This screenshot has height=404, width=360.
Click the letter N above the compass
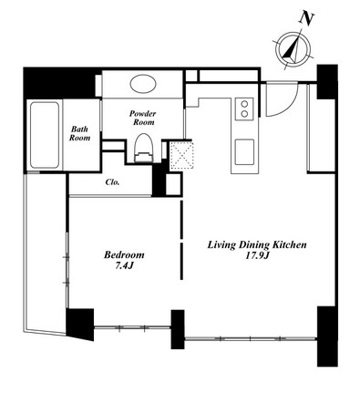pyautogui.click(x=306, y=19)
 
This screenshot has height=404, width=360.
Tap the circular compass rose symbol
pyautogui.click(x=293, y=49)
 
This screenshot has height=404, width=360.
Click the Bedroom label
pyautogui.click(x=124, y=254)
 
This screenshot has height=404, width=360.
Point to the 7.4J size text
pyautogui.click(x=124, y=265)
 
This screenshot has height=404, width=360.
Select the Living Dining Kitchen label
pyautogui.click(x=257, y=245)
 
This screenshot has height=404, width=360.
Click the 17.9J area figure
pyautogui.click(x=257, y=256)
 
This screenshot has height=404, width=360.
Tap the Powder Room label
pyautogui.click(x=142, y=118)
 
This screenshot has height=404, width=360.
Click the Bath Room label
pyautogui.click(x=79, y=133)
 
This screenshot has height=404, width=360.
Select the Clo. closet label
pyautogui.click(x=112, y=182)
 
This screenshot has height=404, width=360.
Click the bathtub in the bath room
pyautogui.click(x=45, y=135)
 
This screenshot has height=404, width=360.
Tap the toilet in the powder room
pyautogui.click(x=143, y=148)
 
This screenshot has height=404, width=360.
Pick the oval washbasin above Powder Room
pyautogui.click(x=143, y=84)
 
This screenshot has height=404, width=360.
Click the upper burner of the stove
pyautogui.click(x=244, y=104)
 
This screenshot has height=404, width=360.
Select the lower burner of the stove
pyautogui.click(x=244, y=114)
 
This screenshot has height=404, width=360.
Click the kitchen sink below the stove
pyautogui.click(x=244, y=152)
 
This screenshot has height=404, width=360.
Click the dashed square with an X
pyautogui.click(x=181, y=156)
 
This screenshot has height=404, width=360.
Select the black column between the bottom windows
pyautogui.click(x=178, y=329)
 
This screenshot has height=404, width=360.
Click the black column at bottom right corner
pyautogui.click(x=327, y=337)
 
